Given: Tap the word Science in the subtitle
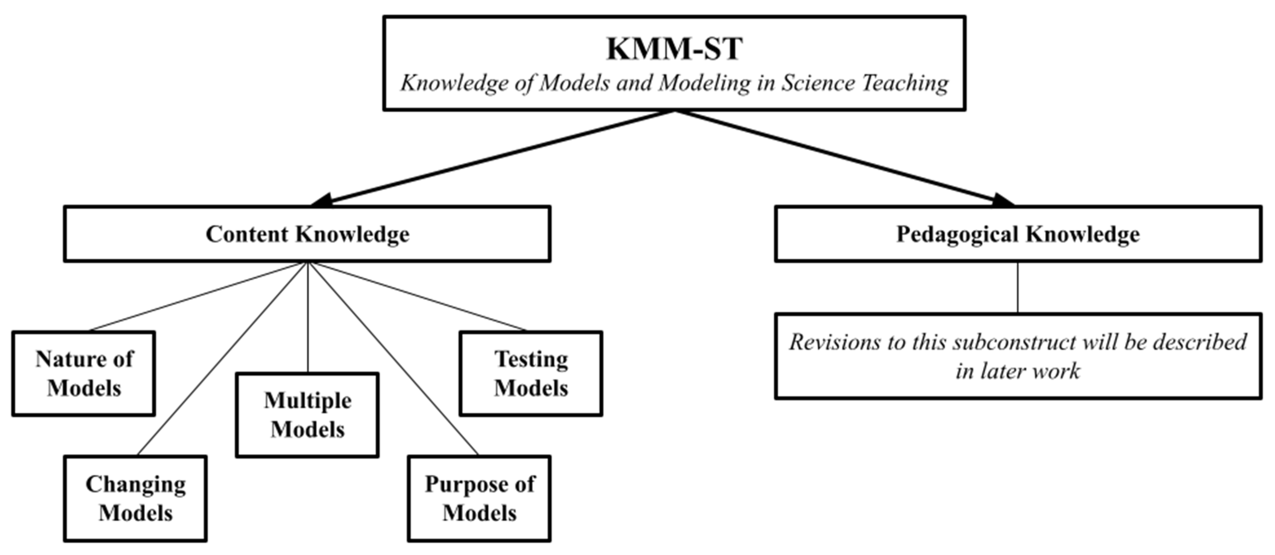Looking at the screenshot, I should (816, 83).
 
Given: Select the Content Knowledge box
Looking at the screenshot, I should (307, 234).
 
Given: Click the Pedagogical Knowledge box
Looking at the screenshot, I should (1018, 234).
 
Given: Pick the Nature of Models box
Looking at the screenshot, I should (84, 373).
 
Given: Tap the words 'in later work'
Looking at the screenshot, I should (1018, 371).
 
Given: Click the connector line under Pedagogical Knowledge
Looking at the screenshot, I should (1018, 287).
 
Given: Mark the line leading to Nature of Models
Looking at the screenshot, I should (198, 296).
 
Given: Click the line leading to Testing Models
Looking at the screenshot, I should (418, 296).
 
